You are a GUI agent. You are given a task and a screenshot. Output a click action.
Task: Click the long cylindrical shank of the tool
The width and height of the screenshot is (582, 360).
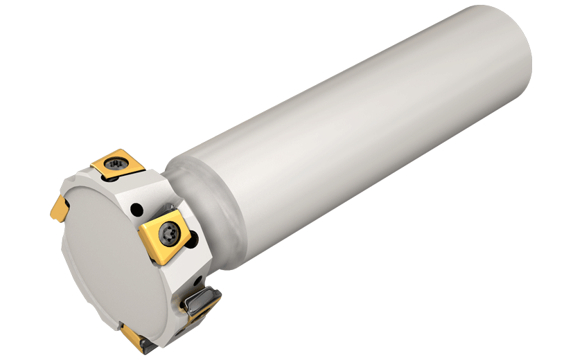click(x=360, y=138)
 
